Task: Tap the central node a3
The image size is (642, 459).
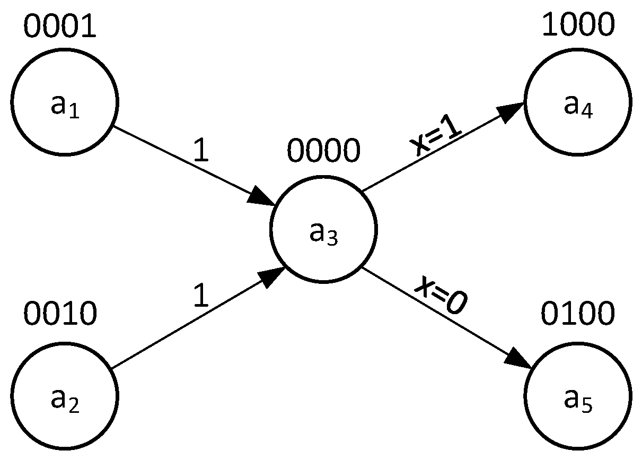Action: pos(323,229)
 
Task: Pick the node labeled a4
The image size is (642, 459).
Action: pos(578,101)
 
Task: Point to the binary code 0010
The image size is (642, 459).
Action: pos(59,314)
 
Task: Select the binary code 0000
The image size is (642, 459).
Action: pos(323,152)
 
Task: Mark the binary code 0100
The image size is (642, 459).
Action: pos(578,314)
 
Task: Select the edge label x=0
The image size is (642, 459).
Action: pos(440,297)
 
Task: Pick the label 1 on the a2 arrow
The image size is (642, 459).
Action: pos(200,296)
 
